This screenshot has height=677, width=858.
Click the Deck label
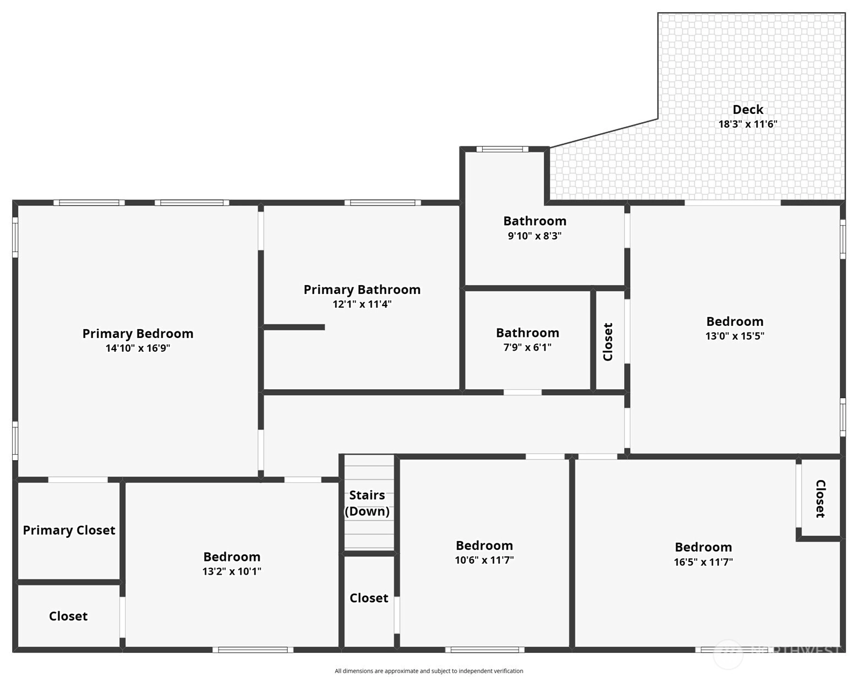[x=747, y=109]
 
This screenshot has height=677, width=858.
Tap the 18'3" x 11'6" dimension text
[x=747, y=124]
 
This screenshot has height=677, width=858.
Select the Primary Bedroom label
[x=138, y=334]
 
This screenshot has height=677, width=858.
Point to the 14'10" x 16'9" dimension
[x=138, y=348]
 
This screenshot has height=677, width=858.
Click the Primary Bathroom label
[x=362, y=290]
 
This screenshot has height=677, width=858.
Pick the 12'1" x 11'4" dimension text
[x=362, y=304]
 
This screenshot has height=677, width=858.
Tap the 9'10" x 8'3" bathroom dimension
[x=534, y=236]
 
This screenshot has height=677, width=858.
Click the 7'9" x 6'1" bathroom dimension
[x=527, y=347]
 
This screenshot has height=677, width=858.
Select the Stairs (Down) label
[x=367, y=503]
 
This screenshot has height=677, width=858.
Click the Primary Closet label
[x=69, y=530]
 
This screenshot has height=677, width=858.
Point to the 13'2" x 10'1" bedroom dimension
[x=232, y=571]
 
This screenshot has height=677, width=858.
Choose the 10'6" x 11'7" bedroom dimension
[x=484, y=560]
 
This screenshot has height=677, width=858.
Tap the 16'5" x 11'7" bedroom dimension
[x=703, y=562]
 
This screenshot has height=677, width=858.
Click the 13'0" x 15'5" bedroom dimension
[x=735, y=336]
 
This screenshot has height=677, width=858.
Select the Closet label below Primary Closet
[x=68, y=616]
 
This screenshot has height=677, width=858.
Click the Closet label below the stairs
[x=369, y=598]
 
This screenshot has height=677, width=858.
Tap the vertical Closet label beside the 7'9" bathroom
[x=608, y=342]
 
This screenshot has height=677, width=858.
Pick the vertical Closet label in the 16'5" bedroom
[x=821, y=499]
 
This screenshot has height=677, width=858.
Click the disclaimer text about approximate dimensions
[x=429, y=671]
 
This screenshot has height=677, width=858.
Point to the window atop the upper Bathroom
[x=502, y=149]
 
